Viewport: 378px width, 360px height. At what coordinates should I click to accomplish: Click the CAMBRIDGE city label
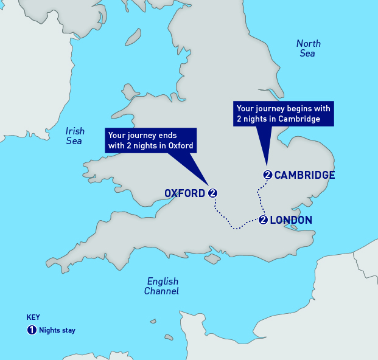[304, 175]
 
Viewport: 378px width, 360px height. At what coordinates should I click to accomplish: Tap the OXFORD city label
[184, 193]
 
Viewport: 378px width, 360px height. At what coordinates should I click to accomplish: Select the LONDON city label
[291, 220]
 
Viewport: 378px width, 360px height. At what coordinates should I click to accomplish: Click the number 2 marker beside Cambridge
[267, 175]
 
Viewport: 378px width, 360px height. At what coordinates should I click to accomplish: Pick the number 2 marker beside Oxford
[212, 193]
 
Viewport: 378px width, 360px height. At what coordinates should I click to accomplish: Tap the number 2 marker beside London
[263, 220]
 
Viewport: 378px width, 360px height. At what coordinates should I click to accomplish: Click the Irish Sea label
[75, 136]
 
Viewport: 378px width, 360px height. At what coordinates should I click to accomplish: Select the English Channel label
[162, 286]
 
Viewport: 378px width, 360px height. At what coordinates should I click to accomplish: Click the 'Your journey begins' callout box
[284, 114]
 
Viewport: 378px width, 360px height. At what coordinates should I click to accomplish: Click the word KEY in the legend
[33, 317]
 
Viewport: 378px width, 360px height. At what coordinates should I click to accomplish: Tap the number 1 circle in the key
[32, 330]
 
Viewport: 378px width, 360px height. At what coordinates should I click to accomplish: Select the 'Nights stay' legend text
[57, 331]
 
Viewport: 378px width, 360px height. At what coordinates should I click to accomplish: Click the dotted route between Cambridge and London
[259, 198]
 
